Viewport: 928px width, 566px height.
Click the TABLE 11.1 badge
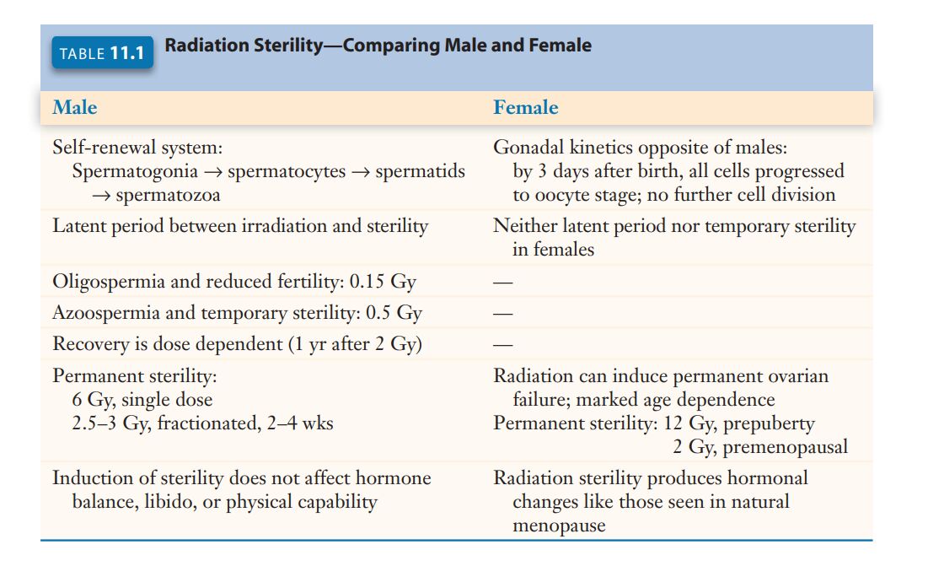click(102, 53)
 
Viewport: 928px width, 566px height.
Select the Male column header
click(74, 107)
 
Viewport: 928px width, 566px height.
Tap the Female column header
click(526, 107)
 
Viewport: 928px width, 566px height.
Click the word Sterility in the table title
click(288, 46)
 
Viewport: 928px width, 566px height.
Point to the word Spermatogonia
click(135, 171)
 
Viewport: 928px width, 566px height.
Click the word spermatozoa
click(168, 195)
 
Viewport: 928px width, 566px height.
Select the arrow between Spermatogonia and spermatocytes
click(213, 172)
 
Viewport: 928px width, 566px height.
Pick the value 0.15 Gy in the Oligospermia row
click(383, 281)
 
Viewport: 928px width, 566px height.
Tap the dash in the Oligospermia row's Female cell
click(503, 283)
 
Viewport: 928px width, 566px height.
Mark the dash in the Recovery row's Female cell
click(503, 345)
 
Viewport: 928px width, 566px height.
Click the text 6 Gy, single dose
click(142, 400)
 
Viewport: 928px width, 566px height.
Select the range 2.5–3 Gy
click(110, 423)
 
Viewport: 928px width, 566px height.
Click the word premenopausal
click(786, 447)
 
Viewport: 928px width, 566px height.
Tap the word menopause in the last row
click(559, 526)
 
